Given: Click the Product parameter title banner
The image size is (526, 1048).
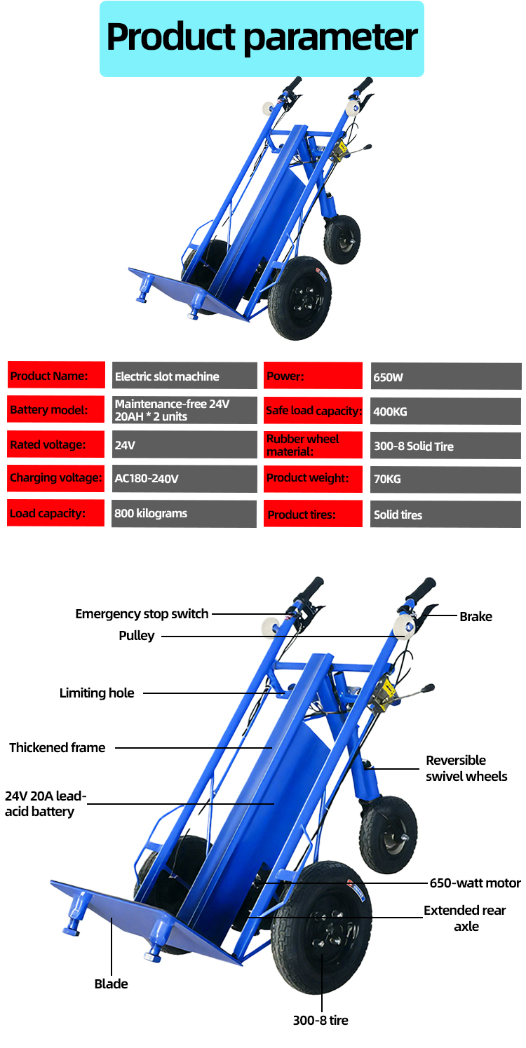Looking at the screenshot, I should tap(262, 38).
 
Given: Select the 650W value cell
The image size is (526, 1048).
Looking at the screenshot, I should tap(445, 376).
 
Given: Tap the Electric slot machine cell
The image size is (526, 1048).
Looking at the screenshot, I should tap(184, 376).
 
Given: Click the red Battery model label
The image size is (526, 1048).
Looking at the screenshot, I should tap(56, 410).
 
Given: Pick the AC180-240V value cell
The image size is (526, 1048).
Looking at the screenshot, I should tap(184, 479).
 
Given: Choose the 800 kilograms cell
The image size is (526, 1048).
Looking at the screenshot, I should tap(184, 513).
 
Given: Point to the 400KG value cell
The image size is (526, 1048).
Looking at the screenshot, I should tap(445, 411).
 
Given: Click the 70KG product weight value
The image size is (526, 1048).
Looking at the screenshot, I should tap(445, 479).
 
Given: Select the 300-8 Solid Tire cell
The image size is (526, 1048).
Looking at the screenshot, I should tap(445, 446).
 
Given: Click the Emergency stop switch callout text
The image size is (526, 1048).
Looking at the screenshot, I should tap(142, 614).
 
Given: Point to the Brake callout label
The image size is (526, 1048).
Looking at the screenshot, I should tap(476, 617).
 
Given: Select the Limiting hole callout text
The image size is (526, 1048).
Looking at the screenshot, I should tap(97, 693).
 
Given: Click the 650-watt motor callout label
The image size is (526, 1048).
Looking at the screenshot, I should tap(475, 883).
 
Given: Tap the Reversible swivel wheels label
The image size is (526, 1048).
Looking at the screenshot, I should tap(466, 768).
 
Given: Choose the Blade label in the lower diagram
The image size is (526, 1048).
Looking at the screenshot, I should tap(111, 984).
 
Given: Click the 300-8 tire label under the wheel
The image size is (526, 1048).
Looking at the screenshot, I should tap(321, 1020).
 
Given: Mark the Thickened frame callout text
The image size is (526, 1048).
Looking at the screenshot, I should tap(58, 748).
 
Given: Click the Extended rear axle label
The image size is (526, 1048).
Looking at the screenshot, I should tap(465, 918).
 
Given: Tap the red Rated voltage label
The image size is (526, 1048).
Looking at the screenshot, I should tap(56, 444).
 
